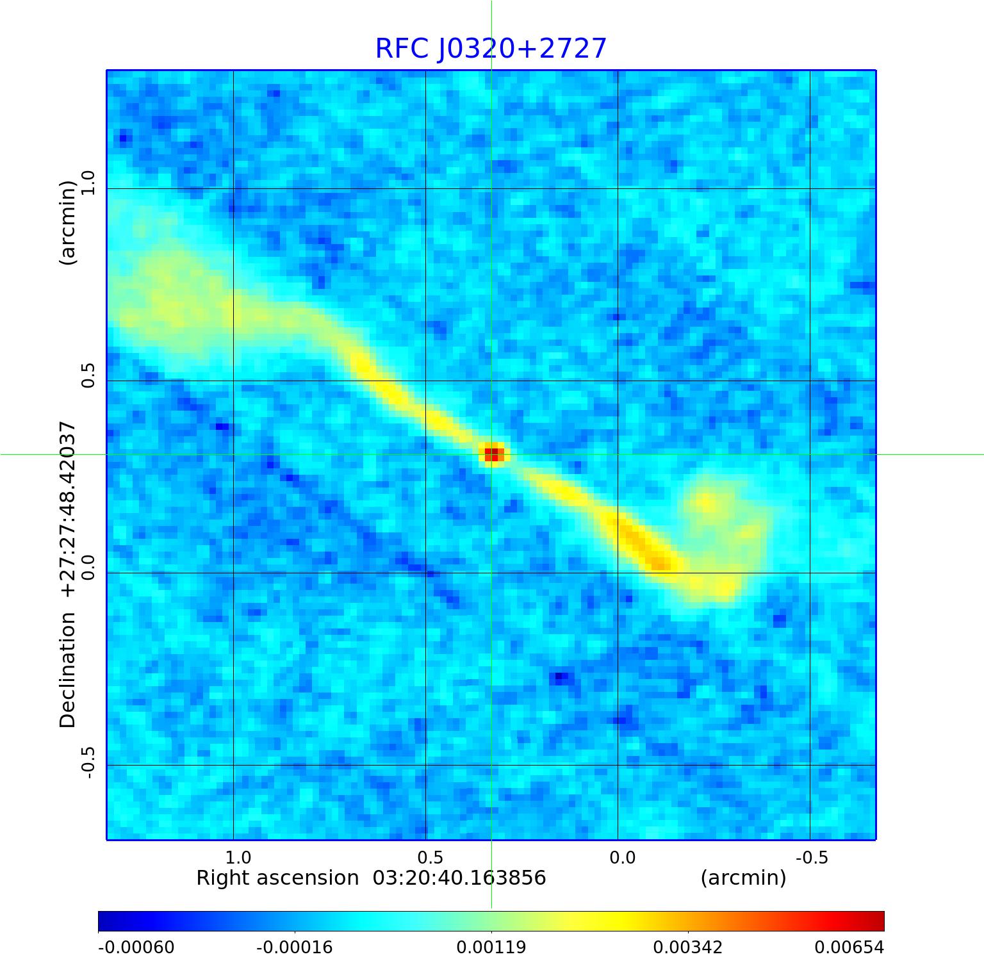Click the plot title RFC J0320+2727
point(491,49)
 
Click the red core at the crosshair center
point(491,454)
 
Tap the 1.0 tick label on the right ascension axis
point(238,857)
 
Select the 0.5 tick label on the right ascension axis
point(430,857)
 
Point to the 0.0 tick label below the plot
point(622,857)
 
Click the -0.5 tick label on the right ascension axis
point(812,857)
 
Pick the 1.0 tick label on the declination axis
point(88,183)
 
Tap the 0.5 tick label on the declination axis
point(88,375)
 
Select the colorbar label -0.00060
point(136,947)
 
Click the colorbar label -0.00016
point(295,947)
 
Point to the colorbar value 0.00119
point(491,947)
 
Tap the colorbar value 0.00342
point(688,947)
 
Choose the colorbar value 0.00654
point(849,947)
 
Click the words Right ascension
point(277,878)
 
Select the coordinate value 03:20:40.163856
point(459,878)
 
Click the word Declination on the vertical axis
point(68,669)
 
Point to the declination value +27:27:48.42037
point(68,509)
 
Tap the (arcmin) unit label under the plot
point(743,878)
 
